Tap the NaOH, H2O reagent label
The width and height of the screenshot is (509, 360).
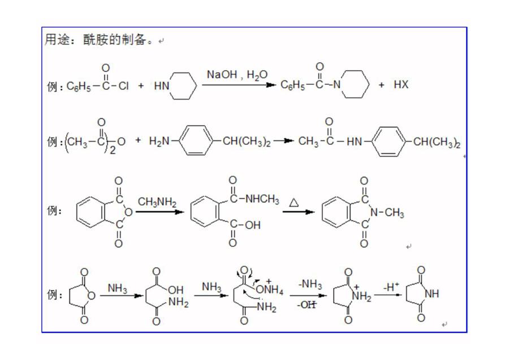pos(238,75)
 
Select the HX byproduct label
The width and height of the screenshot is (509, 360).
pos(401,84)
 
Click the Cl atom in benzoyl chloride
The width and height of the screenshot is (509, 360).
pos(123,86)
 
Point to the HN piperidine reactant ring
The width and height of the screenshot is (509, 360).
pos(183,85)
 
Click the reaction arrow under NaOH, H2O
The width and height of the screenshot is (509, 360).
pos(239,85)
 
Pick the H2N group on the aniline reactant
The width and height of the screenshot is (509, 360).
pos(159,141)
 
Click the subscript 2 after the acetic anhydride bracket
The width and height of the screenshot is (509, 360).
pos(113,150)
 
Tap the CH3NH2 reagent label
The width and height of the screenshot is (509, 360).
pos(157,202)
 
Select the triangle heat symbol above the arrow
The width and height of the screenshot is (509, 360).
pos(294,203)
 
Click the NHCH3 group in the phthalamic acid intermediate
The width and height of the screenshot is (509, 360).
pos(262,199)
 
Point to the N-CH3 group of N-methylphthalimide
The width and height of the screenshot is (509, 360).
pos(387,213)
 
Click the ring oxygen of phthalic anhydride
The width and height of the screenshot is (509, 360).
pos(128,212)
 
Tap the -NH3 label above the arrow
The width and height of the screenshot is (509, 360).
pos(310,284)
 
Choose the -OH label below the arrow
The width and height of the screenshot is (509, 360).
pos(307,305)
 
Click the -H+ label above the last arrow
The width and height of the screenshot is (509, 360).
pos(391,286)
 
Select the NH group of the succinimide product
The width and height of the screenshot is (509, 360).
pos(432,294)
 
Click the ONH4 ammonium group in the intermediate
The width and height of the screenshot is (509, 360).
pos(269,289)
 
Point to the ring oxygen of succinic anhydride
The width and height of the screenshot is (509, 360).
pos(92,295)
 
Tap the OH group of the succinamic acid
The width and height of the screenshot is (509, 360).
pos(176,290)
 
